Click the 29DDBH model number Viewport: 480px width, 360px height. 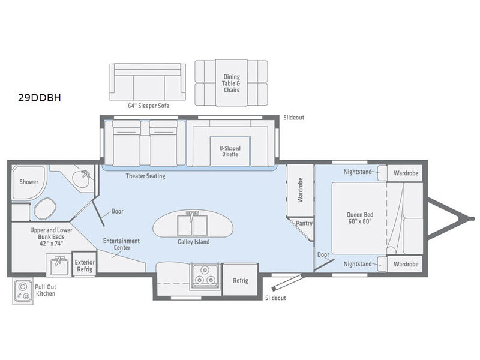click(x=40, y=97)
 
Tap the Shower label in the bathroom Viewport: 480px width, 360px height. click(x=29, y=182)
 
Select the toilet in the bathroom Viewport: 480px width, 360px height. click(x=44, y=208)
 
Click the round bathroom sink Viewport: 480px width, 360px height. click(x=81, y=178)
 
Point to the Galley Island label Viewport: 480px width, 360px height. click(x=194, y=242)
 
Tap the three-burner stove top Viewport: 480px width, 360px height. click(x=205, y=276)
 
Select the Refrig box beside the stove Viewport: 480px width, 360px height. click(x=241, y=280)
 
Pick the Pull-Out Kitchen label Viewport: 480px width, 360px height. click(x=46, y=290)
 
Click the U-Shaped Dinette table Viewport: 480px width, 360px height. click(x=230, y=151)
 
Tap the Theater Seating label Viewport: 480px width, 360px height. click(x=145, y=176)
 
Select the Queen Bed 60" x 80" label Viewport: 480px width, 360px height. click(x=360, y=218)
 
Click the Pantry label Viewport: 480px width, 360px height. click(x=304, y=223)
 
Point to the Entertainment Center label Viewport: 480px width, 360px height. click(x=122, y=244)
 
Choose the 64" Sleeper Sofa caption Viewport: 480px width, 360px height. click(x=149, y=106)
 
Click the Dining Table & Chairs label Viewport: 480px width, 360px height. click(x=232, y=83)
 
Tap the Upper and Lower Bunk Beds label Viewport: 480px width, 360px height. click(x=51, y=236)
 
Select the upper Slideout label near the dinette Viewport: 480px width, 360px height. click(x=294, y=118)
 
